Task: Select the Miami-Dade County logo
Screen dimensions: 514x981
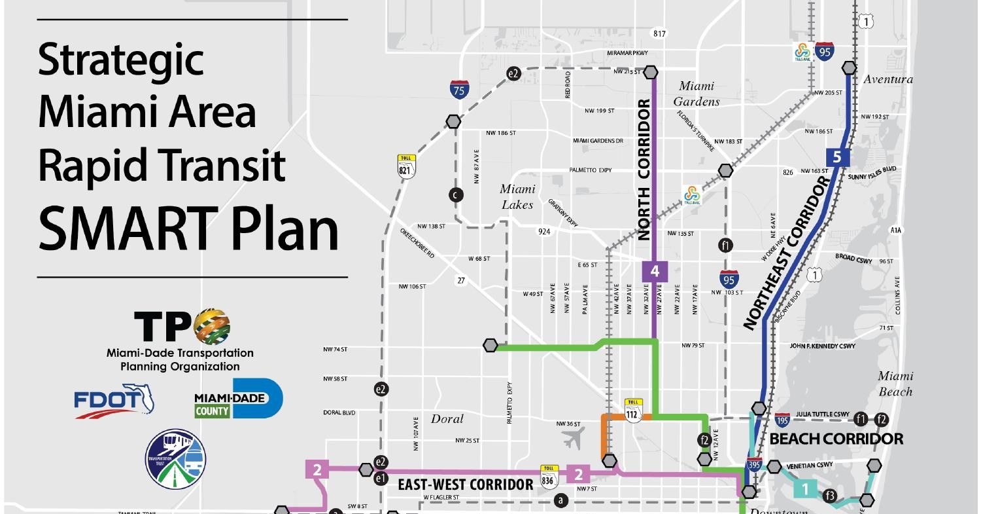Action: point(238,399)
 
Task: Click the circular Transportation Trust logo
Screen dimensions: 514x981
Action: point(175,459)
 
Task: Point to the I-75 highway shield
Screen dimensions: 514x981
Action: point(458,90)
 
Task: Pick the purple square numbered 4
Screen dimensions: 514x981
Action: point(654,270)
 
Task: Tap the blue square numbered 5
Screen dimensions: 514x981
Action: point(837,157)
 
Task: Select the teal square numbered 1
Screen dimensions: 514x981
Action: point(805,488)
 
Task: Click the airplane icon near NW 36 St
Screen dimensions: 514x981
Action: point(572,438)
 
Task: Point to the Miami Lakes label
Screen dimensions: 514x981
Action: point(517,196)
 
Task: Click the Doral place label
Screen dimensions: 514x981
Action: point(447,419)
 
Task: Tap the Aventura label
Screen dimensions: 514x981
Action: point(887,79)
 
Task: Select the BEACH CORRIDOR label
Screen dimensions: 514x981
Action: point(836,439)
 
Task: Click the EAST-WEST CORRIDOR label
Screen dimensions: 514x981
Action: point(465,485)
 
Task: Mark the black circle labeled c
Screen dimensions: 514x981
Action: point(456,194)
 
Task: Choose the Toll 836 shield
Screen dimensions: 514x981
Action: point(548,477)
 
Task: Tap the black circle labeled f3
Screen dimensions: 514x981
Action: point(830,496)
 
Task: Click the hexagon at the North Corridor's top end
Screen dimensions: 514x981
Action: point(651,71)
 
